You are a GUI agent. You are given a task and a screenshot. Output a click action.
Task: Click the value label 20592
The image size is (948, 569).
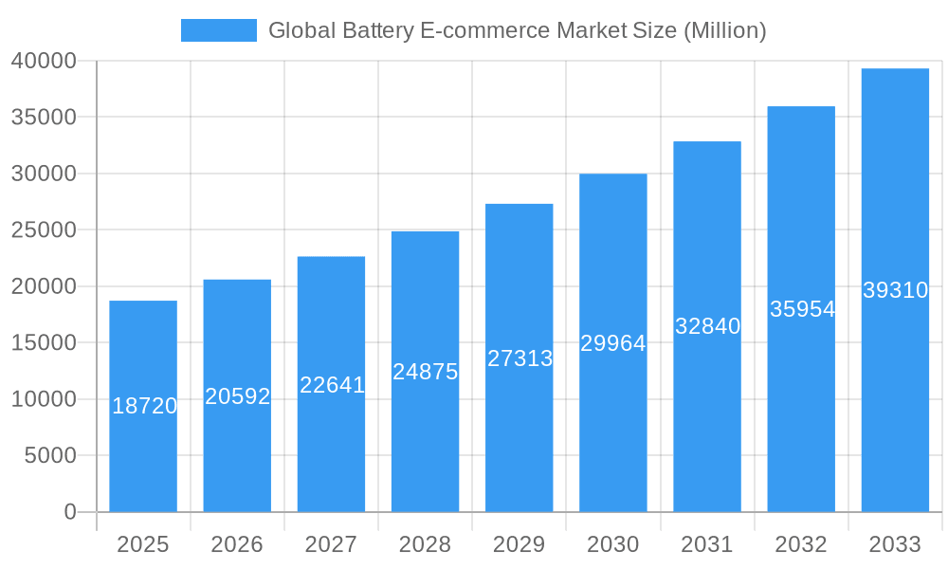[238, 396]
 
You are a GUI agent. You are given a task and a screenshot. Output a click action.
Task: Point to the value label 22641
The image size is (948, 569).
[332, 385]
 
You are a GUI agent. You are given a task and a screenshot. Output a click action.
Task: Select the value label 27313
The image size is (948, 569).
[520, 358]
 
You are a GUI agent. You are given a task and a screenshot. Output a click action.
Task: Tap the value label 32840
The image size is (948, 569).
[707, 326]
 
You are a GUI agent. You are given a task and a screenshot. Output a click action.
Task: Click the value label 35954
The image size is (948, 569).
[802, 309]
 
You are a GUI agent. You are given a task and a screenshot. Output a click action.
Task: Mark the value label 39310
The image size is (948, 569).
[895, 290]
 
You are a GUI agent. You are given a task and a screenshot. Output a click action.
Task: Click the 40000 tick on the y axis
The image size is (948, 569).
[44, 62]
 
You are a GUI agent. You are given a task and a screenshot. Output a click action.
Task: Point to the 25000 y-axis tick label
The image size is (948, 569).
[44, 230]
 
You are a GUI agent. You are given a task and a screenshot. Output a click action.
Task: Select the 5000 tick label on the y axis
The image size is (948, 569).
[49, 456]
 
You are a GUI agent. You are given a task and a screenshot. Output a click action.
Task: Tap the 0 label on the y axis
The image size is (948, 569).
[70, 512]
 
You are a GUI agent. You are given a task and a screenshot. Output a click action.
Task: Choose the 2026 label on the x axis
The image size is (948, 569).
[237, 544]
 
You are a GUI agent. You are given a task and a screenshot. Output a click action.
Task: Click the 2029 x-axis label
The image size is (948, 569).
[520, 544]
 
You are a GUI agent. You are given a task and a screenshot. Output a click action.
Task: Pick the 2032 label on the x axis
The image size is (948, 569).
[801, 544]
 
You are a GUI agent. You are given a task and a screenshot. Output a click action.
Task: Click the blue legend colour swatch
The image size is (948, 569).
[219, 30]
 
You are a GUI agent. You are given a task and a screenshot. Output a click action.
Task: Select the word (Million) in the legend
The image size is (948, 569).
[724, 30]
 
